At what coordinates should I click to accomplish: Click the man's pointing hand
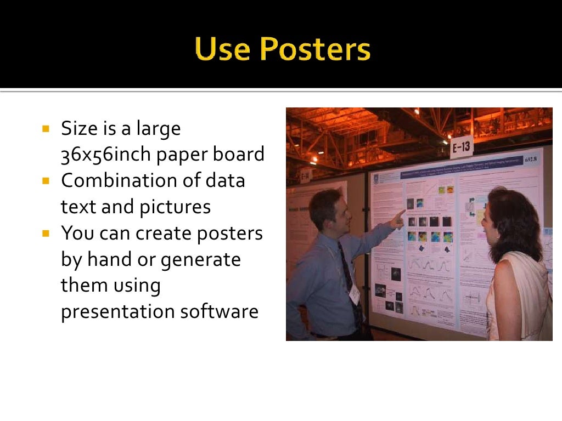397,217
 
